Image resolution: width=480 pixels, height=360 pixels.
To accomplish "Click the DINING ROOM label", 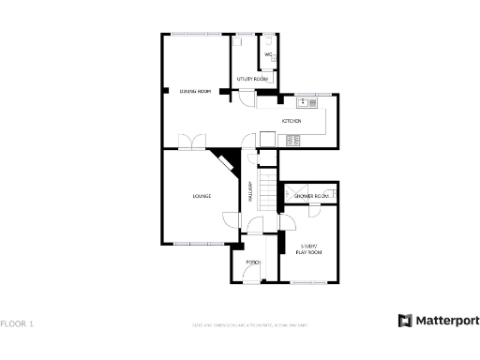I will point(194,91).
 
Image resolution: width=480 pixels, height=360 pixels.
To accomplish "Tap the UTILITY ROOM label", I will point(252,79).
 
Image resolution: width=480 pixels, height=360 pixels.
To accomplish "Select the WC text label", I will point(268,54).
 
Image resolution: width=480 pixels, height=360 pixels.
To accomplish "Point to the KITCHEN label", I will point(292,121).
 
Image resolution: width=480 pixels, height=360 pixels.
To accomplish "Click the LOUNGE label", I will point(202,196).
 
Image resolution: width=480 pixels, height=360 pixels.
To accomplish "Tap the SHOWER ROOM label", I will point(311,196).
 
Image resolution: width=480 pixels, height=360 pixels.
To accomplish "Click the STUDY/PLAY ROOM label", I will point(309,249).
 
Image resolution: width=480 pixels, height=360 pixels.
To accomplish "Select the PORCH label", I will point(252,262).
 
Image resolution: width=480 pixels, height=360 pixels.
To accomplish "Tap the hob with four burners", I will point(292,141).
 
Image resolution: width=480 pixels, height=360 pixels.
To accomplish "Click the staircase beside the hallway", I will point(270,193).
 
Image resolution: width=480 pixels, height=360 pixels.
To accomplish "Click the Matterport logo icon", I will point(405,321).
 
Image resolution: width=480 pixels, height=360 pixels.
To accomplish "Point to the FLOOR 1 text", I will point(17,324).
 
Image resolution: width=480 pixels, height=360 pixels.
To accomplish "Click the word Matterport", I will point(448,321).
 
